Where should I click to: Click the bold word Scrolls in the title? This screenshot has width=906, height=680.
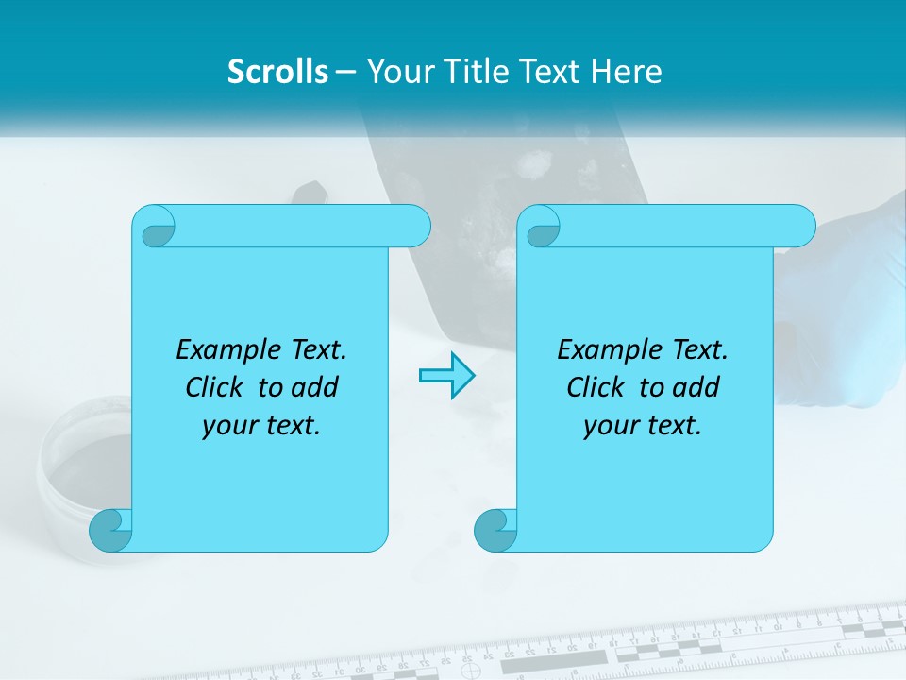pos(277,72)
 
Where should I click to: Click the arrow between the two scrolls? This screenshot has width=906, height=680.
pos(446,376)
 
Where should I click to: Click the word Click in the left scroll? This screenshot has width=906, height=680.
pos(207,387)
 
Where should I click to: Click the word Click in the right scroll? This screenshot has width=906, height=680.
pos(588,387)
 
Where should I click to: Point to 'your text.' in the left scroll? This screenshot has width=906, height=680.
pos(261,426)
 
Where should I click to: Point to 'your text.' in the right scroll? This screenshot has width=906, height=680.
pos(643,426)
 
